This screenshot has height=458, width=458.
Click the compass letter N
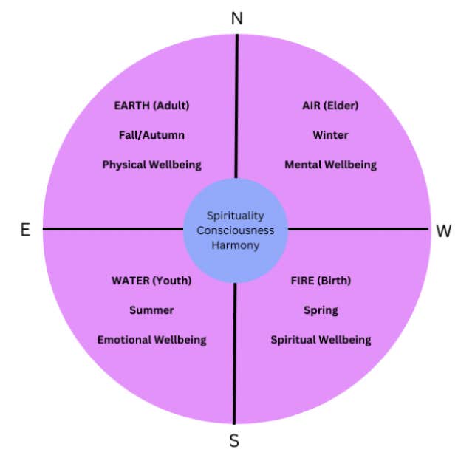237,18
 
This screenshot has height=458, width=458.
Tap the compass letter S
234,441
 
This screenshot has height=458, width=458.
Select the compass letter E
25,230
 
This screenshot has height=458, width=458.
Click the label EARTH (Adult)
151,106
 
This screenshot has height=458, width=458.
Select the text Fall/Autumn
151,135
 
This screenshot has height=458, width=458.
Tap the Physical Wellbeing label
151,165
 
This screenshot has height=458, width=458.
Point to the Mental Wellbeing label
330,165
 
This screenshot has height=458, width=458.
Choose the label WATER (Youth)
151,281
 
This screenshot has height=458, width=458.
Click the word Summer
151,310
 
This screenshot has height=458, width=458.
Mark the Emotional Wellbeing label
151,340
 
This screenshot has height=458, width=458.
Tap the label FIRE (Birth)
321,281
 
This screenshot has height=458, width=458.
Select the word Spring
321,310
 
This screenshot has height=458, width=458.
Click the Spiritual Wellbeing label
321,340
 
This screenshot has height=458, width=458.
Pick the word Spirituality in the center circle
235,216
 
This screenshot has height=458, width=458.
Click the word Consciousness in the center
235,230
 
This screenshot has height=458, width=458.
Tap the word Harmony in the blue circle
235,245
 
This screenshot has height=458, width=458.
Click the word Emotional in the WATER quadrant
124,340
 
